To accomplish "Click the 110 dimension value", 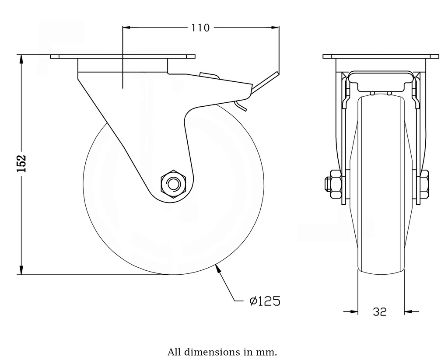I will [200, 28].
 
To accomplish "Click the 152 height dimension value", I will [22, 164].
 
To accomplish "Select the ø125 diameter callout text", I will [264, 301].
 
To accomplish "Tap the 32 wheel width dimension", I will [380, 312].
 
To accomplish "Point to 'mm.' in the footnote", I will [269, 352].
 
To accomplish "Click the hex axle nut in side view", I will [174, 184].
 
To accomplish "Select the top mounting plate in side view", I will [122, 56].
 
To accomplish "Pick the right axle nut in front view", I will [424, 184].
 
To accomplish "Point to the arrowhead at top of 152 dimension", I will [21, 59].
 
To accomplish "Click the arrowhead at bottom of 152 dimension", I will [21, 270].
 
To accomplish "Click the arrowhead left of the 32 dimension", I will [353, 312].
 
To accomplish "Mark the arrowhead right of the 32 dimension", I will [408, 312].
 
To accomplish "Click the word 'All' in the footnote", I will [175, 352].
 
